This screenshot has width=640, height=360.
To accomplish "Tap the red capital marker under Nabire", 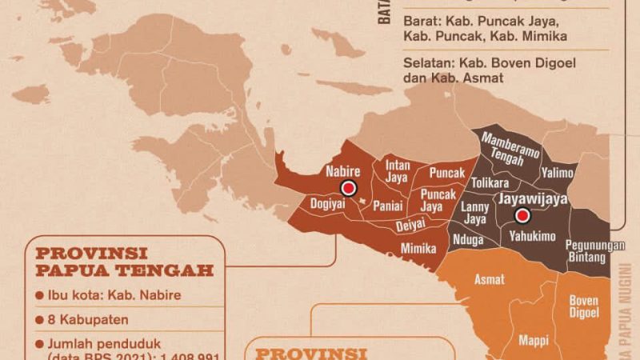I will click(347, 189).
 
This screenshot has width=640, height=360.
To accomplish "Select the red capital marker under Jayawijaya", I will click(522, 215).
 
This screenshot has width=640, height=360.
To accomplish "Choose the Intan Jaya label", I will click(398, 171).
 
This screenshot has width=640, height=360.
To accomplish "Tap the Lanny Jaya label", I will click(475, 212).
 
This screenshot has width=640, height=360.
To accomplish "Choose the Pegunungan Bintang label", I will click(594, 251).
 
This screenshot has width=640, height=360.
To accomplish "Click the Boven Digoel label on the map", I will click(583, 306).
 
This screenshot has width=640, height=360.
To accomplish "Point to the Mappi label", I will click(533, 339).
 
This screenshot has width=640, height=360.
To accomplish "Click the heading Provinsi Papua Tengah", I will click(125, 261).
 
